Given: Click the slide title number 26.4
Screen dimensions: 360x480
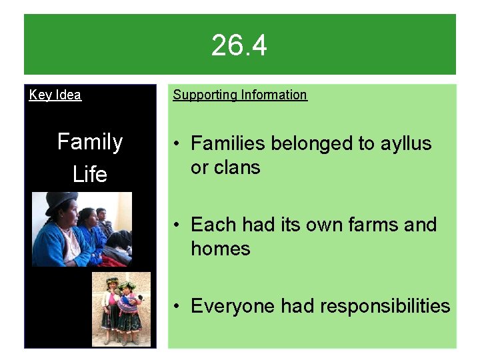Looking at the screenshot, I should [x=239, y=46].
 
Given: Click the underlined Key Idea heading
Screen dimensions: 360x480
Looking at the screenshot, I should [x=55, y=95].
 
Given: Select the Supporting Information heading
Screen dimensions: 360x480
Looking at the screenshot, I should [x=240, y=95].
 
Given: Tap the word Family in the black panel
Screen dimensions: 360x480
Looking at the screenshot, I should [x=90, y=142].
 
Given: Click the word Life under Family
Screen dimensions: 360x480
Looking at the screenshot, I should [x=90, y=174].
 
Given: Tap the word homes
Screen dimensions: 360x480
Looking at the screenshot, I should [x=221, y=249].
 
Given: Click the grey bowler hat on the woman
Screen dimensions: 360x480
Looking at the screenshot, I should [x=62, y=199].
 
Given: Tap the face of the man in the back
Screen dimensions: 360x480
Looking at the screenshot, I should [x=101, y=215].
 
